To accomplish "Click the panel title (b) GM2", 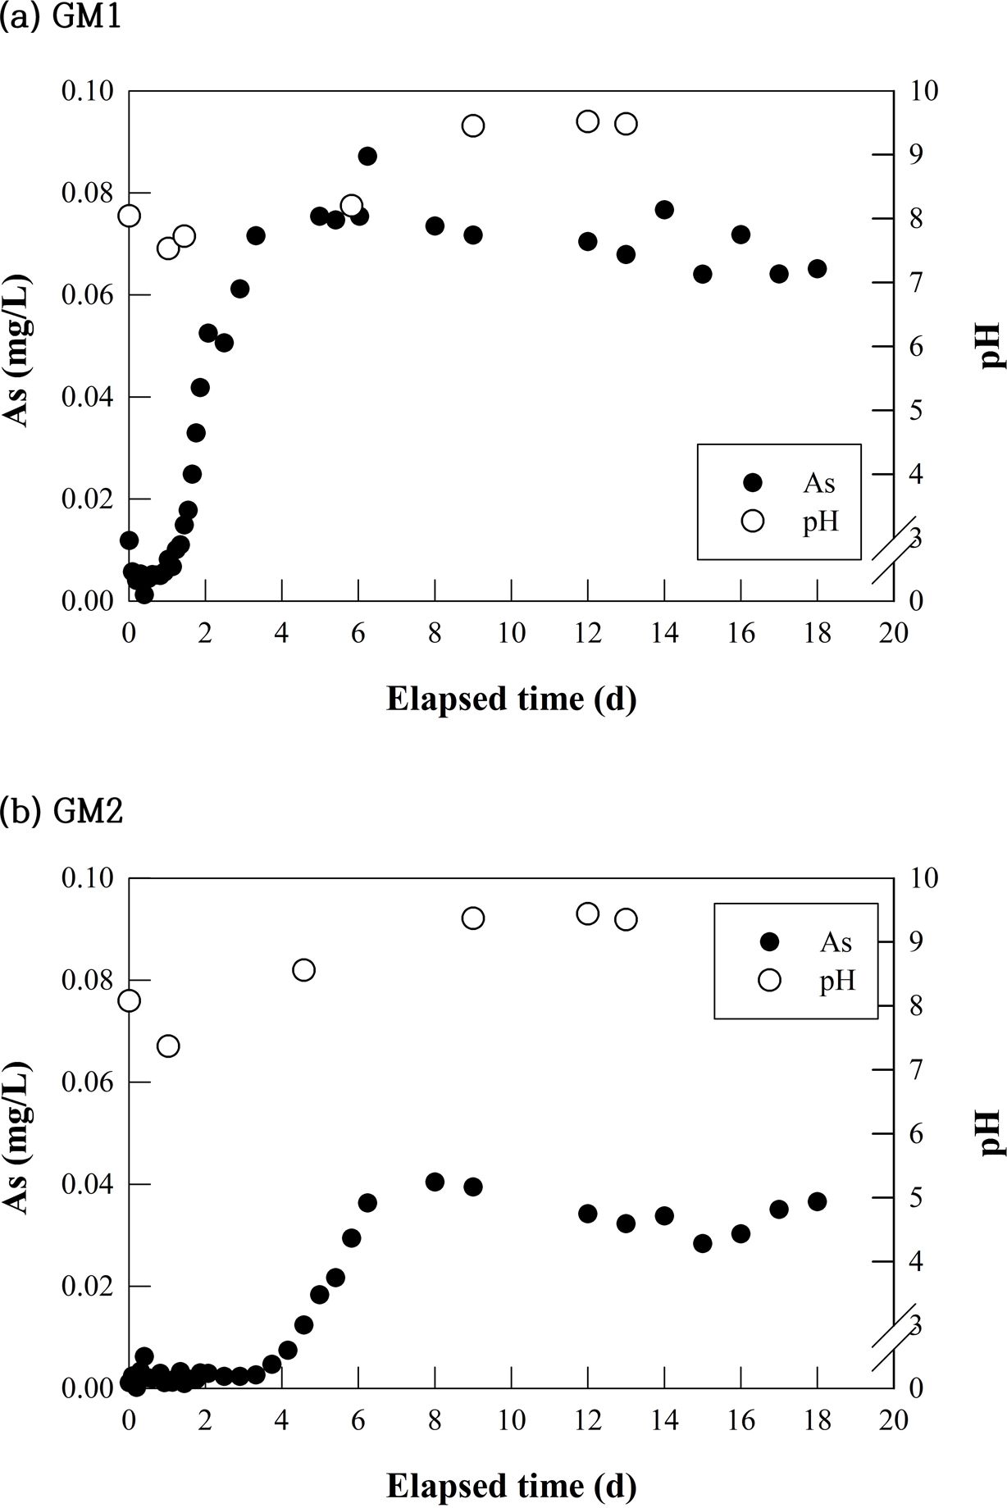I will pyautogui.click(x=62, y=811).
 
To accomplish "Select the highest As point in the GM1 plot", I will pyautogui.click(x=367, y=156).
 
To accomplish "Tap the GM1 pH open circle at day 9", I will pyautogui.click(x=473, y=125).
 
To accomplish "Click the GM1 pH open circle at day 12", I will pyautogui.click(x=588, y=121).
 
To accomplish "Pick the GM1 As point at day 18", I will pyautogui.click(x=817, y=268).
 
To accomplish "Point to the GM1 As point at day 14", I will pyautogui.click(x=664, y=209).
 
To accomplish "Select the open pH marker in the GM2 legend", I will pyautogui.click(x=769, y=980).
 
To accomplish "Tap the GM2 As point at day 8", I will pyautogui.click(x=435, y=1182).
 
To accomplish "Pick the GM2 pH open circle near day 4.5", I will pyautogui.click(x=303, y=970).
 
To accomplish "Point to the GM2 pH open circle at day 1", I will pyautogui.click(x=168, y=1046).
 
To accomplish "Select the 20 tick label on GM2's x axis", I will pyautogui.click(x=893, y=1419).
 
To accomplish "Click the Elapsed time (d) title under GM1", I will pyautogui.click(x=511, y=699).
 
